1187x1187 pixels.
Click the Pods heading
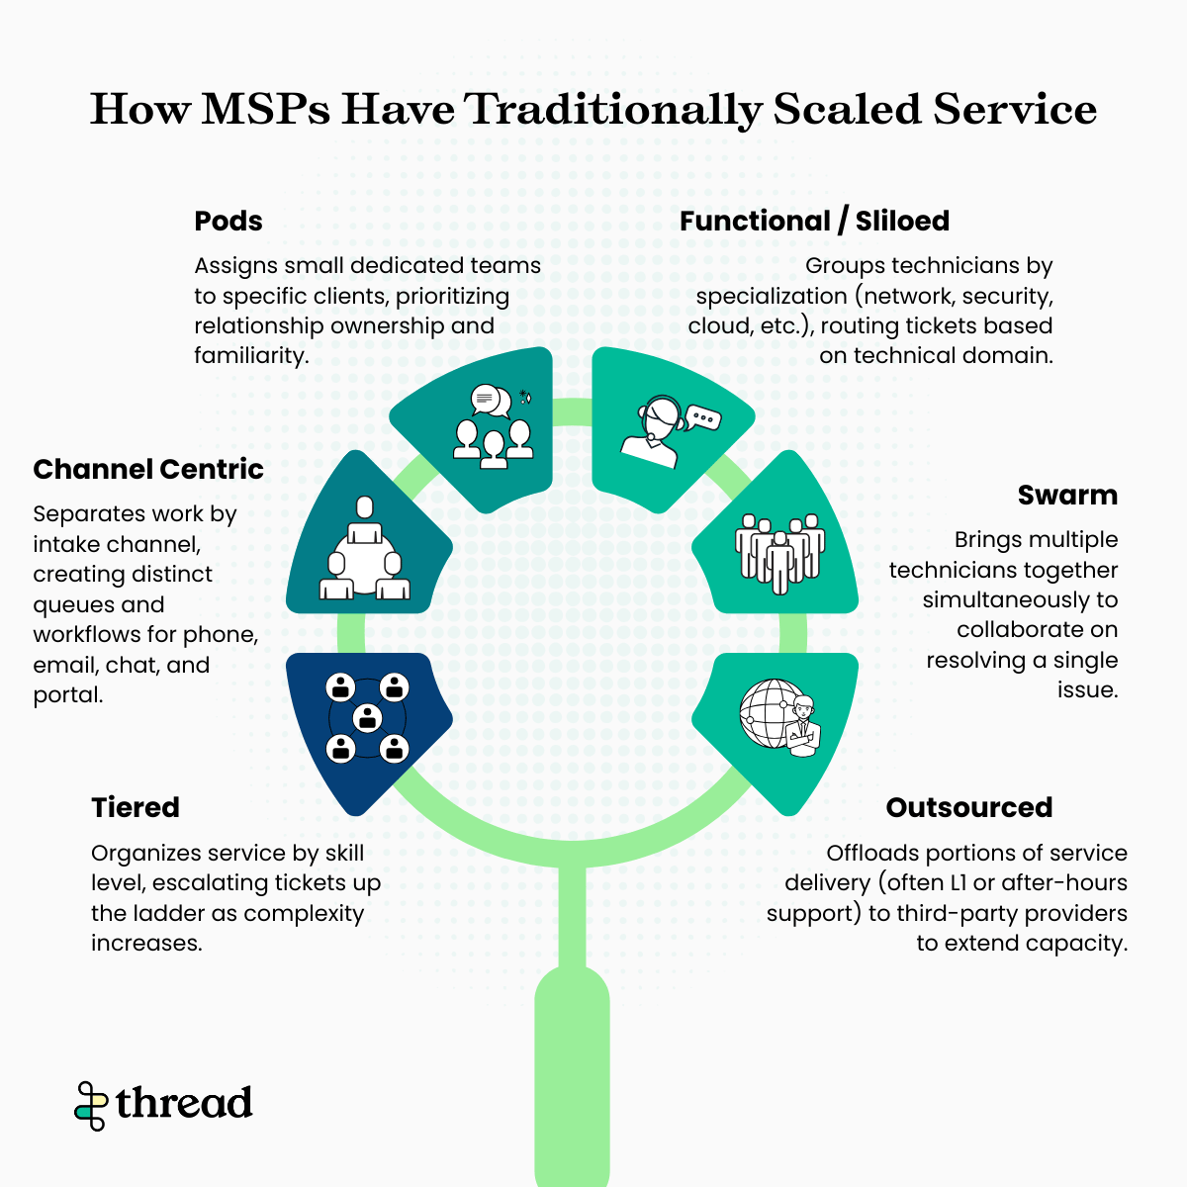click(x=228, y=221)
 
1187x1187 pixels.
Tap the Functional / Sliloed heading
click(x=814, y=221)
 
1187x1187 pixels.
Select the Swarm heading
click(x=1067, y=495)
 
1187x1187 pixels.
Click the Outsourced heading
click(x=968, y=807)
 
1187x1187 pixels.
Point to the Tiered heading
click(x=136, y=807)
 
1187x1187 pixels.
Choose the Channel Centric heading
click(x=148, y=469)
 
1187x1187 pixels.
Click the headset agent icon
click(x=654, y=431)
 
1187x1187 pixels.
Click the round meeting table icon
click(x=364, y=550)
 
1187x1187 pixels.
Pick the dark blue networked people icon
click(x=368, y=717)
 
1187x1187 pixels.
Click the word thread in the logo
click(x=184, y=1103)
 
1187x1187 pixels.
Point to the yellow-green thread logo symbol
click(x=91, y=1105)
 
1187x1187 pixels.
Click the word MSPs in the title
click(x=265, y=109)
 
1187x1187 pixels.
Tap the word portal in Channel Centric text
click(x=67, y=695)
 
